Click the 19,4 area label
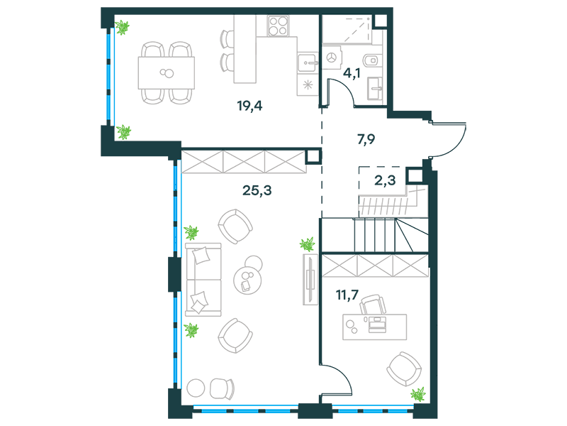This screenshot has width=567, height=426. coord(249,106)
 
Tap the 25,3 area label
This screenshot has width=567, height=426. coord(257,190)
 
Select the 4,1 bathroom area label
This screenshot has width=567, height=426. coord(352,74)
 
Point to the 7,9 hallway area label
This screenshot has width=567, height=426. coord(366,139)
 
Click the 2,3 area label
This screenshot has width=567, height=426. coord(385,180)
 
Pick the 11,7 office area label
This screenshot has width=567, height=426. coord(347,295)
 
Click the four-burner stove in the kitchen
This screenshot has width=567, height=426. coord(278,26)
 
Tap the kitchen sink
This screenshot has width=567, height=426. coord(308,62)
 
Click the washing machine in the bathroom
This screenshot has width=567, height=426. coord(331,58)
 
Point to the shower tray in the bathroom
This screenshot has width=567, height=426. coord(347,29)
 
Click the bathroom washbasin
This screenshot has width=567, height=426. coord(375,88)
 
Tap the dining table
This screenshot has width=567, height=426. coord(167,73)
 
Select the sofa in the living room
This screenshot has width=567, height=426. coord(203,280)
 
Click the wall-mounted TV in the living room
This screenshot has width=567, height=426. coord(310,279)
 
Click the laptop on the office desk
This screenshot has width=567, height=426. coord(378,324)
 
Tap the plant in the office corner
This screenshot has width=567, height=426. coord(418,394)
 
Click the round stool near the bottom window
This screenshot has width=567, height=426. coord(196,388)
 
